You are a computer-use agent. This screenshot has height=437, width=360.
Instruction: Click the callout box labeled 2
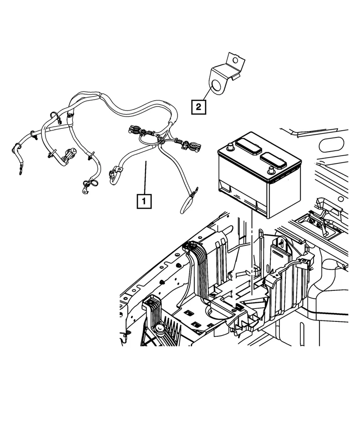point(198,107)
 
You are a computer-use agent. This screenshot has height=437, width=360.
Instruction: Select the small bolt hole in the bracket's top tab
point(235,60)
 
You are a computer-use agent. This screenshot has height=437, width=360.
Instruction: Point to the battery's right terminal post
point(271,170)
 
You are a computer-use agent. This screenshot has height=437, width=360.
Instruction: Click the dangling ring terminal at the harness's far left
point(20,171)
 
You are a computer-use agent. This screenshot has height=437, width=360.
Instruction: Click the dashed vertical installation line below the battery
point(251,255)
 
